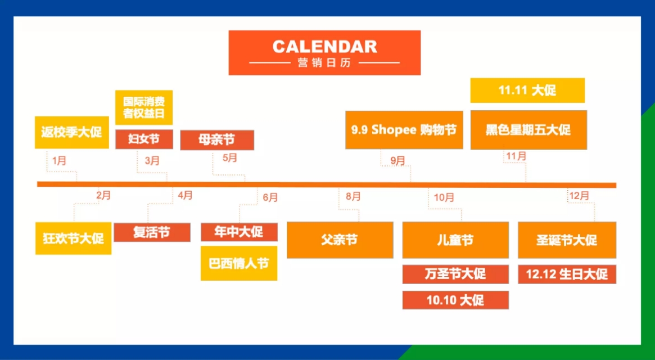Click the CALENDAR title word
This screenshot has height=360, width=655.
tap(324, 46)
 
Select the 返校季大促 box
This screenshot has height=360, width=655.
tap(71, 133)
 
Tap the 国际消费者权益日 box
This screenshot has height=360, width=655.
tap(144, 107)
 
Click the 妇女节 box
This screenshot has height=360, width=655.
tap(144, 139)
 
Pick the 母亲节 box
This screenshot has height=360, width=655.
tap(217, 140)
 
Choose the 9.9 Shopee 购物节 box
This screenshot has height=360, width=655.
tap(404, 130)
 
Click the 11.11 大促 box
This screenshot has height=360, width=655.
tap(527, 91)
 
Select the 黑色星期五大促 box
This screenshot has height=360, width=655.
tap(528, 130)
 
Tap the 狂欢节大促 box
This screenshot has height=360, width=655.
tap(73, 238)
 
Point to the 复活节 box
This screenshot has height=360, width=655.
tap(151, 232)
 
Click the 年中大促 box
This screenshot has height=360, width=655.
tap(239, 232)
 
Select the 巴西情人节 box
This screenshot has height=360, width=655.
tap(239, 263)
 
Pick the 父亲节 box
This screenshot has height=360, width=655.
tap(340, 240)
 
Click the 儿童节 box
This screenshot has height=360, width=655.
tap(455, 240)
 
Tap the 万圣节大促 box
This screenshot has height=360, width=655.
tap(455, 274)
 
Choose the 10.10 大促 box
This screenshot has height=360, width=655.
tap(455, 300)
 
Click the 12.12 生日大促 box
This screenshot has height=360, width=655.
tap(567, 274)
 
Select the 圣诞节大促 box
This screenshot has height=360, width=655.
tap(567, 240)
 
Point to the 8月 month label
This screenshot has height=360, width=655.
tap(353, 196)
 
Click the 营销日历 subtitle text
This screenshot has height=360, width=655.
tap(324, 63)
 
